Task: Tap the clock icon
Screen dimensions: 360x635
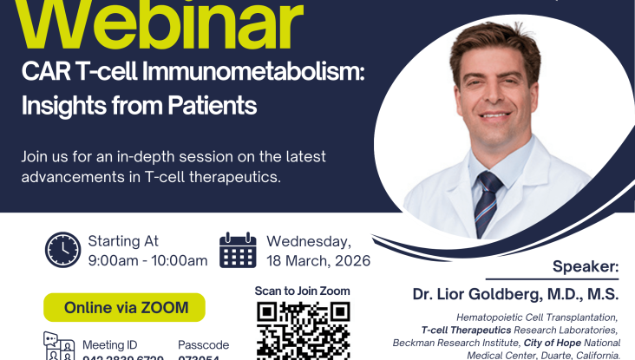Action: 62,250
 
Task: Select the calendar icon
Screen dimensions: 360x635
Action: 238,250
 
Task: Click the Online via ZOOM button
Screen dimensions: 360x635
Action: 124,307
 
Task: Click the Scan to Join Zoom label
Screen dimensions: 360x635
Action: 303,291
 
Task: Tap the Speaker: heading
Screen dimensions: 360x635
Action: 586,266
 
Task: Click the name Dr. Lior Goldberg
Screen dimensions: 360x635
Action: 494,294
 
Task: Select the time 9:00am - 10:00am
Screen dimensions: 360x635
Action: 147,260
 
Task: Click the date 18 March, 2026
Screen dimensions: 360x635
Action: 318,260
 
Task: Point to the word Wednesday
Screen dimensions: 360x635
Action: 309,241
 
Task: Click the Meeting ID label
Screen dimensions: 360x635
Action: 109,344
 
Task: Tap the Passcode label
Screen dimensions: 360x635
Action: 203,344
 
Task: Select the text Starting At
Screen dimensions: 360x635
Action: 123,241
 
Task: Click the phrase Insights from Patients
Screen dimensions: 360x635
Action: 140,106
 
